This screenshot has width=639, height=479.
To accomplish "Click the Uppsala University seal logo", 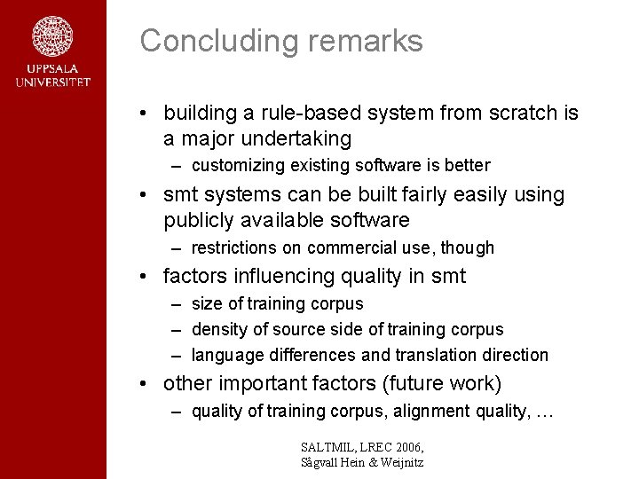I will [52, 36].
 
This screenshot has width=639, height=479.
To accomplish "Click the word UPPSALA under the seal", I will [52, 69].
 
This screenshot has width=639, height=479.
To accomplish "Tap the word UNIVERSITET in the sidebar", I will [52, 82].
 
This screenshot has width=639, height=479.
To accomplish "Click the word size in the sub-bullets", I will [208, 304].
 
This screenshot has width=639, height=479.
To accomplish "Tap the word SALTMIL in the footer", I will [329, 446].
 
